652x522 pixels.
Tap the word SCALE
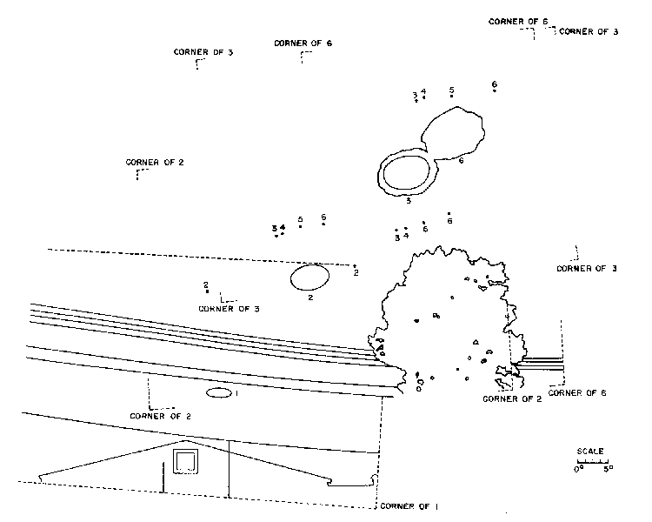591,452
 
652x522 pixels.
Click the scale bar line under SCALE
591,460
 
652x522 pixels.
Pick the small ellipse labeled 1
219,394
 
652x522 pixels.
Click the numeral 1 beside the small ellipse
236,394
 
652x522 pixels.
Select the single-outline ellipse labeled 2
309,277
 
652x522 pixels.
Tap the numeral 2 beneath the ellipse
310,298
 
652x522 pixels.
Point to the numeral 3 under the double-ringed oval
408,201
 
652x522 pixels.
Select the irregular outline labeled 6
454,133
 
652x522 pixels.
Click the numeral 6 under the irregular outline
461,161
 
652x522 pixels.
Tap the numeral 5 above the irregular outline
452,90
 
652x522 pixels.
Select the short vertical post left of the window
163,478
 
